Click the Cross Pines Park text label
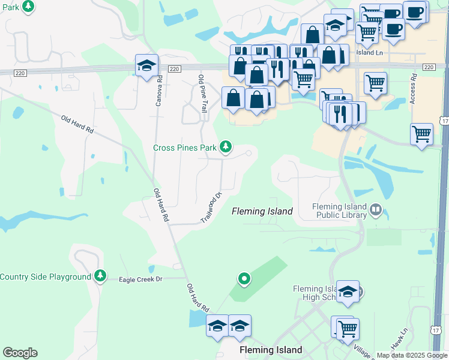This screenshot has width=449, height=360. click(x=185, y=148)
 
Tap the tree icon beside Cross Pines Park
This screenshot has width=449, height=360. click(x=226, y=146)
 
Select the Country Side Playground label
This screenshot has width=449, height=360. click(x=45, y=277)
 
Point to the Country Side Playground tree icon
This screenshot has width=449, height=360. click(x=100, y=276)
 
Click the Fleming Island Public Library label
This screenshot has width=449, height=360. click(x=339, y=211)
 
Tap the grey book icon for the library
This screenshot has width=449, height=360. click(x=376, y=209)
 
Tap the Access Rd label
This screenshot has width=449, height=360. click(x=413, y=89)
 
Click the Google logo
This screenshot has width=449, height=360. click(x=20, y=353)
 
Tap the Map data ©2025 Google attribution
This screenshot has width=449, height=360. click(x=412, y=355)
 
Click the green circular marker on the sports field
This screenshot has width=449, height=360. click(x=244, y=278)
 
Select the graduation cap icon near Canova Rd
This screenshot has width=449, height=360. click(x=146, y=66)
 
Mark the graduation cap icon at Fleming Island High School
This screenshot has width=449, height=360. click(x=348, y=292)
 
